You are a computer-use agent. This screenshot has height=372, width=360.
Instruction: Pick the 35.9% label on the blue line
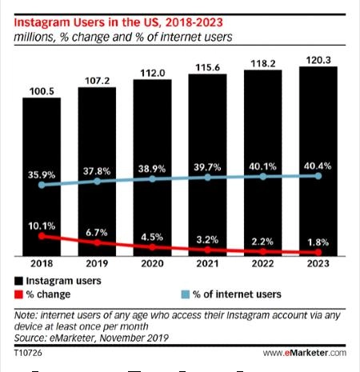(x=42, y=174)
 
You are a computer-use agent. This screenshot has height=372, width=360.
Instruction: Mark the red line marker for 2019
(x=97, y=242)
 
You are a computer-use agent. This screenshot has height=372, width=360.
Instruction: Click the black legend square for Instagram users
(x=18, y=281)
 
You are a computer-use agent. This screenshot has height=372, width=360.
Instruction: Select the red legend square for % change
(x=18, y=294)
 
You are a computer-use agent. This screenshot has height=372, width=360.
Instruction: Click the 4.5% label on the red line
(x=152, y=236)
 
